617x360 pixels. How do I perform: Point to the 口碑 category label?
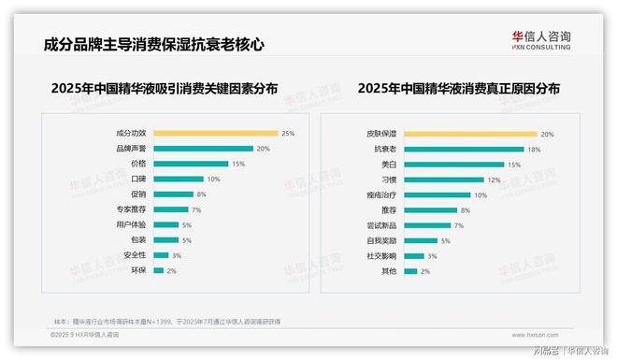[138, 179]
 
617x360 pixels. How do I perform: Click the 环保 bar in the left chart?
[158, 270]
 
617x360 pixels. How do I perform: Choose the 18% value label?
[535, 149]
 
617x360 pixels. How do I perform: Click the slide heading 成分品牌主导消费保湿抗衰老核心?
[154, 44]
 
